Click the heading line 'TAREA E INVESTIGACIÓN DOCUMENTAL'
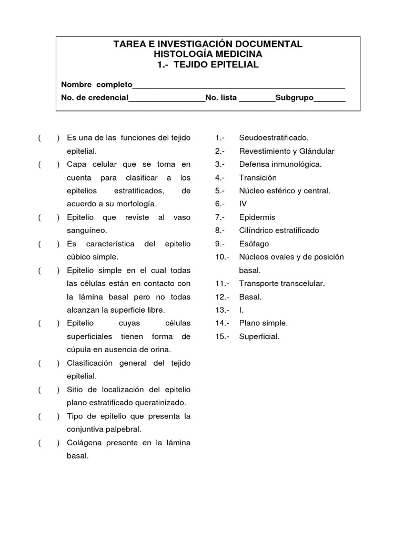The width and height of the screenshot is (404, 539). click(x=208, y=44)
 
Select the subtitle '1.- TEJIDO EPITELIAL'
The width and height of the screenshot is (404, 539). click(x=208, y=65)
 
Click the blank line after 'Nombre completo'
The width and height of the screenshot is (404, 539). click(x=239, y=85)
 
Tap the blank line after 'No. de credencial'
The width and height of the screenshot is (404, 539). click(x=167, y=98)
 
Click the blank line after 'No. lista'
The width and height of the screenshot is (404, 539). click(x=257, y=98)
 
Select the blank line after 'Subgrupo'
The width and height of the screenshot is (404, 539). click(x=330, y=98)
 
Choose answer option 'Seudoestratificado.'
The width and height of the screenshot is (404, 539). click(x=274, y=138)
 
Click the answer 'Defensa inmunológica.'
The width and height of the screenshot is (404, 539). click(x=280, y=164)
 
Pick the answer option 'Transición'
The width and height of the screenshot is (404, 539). click(x=258, y=177)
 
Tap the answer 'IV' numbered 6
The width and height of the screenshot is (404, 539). click(x=243, y=204)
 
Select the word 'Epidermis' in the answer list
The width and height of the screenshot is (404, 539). click(x=257, y=217)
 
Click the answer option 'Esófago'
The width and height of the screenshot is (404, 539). click(x=254, y=244)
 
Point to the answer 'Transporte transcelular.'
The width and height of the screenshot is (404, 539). click(x=281, y=283)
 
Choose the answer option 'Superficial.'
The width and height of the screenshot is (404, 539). click(x=259, y=336)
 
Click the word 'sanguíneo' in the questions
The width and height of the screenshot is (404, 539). click(x=86, y=231)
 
